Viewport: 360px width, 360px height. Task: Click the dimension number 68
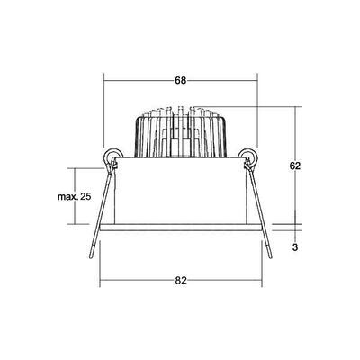(x=181, y=81)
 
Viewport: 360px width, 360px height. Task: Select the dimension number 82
(x=181, y=280)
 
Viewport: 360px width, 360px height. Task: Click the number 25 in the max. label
(x=86, y=196)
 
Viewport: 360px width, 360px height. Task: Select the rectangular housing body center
(x=181, y=193)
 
